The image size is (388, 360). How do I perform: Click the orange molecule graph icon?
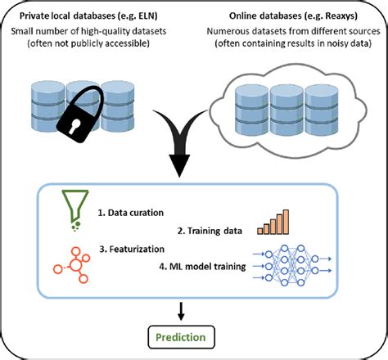click(73, 263)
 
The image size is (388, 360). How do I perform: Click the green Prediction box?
click(182, 335)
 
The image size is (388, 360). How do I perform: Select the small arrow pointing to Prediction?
click(181, 308)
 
